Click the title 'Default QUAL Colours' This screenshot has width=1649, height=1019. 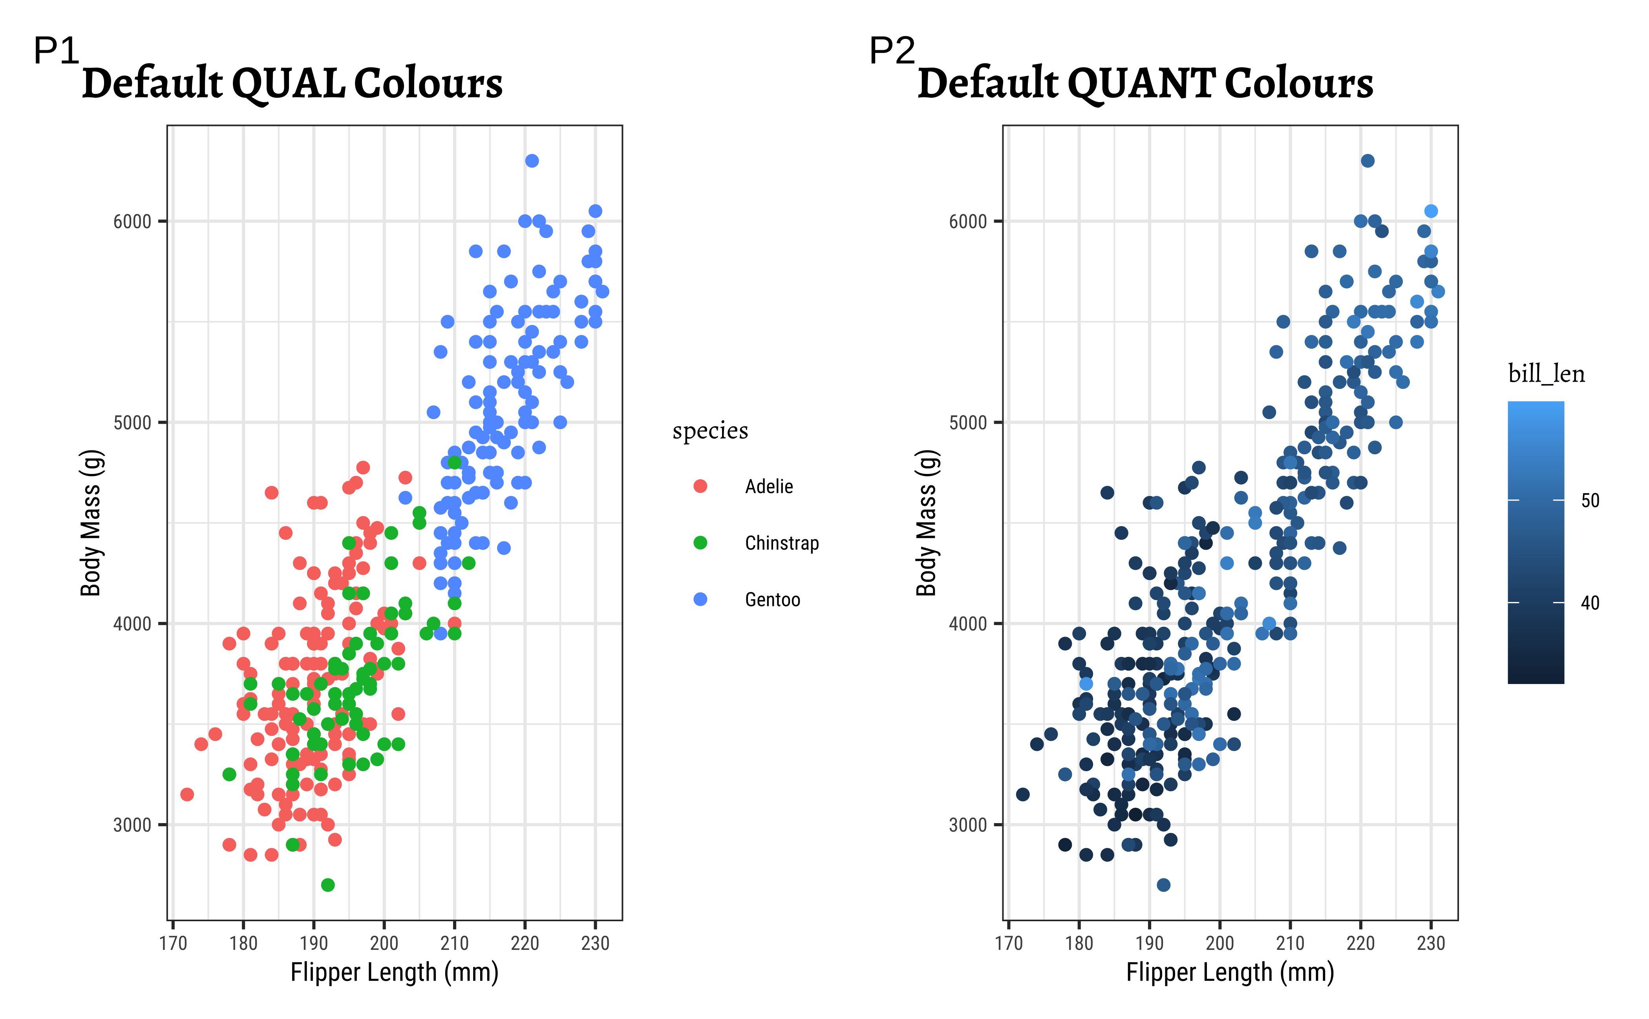(x=292, y=84)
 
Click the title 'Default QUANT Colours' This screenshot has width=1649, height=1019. (x=1145, y=84)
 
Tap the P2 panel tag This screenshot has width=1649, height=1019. (x=892, y=51)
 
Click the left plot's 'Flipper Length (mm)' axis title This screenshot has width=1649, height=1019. (x=394, y=973)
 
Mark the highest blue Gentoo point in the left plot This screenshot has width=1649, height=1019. (x=532, y=160)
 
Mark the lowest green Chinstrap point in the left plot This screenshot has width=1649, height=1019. (x=327, y=885)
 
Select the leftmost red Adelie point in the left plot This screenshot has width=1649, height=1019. (x=187, y=794)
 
